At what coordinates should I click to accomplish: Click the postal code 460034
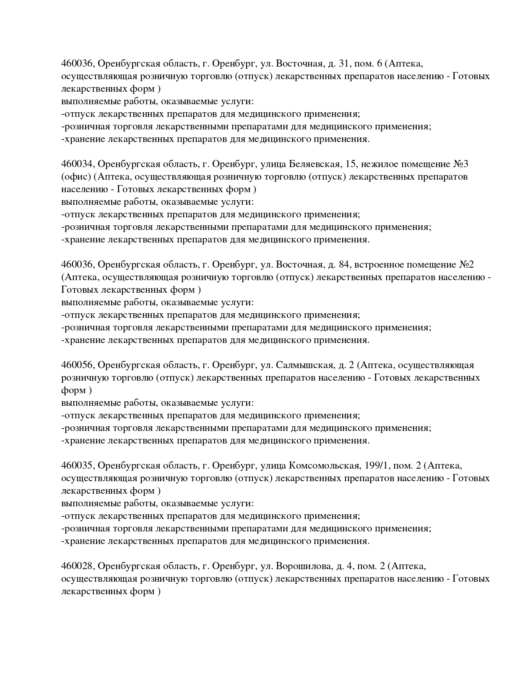(78, 164)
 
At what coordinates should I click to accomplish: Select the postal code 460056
(78, 365)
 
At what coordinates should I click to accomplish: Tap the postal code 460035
(78, 466)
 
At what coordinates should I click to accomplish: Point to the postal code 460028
(78, 566)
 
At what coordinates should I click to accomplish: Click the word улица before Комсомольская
(273, 466)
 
